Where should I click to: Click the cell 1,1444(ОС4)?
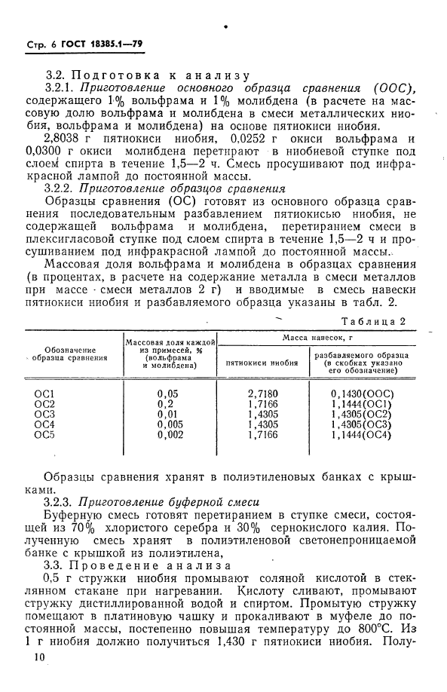coord(365,435)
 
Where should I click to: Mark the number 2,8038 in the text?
coord(66,140)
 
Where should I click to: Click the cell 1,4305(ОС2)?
coord(365,414)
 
